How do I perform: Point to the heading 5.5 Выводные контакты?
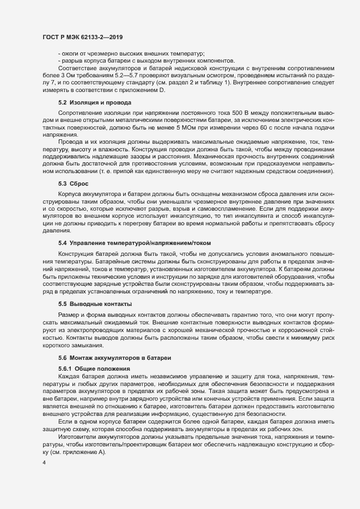coord(94,303)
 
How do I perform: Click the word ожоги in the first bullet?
coord(69,53)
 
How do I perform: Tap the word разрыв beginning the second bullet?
coord(71,60)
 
